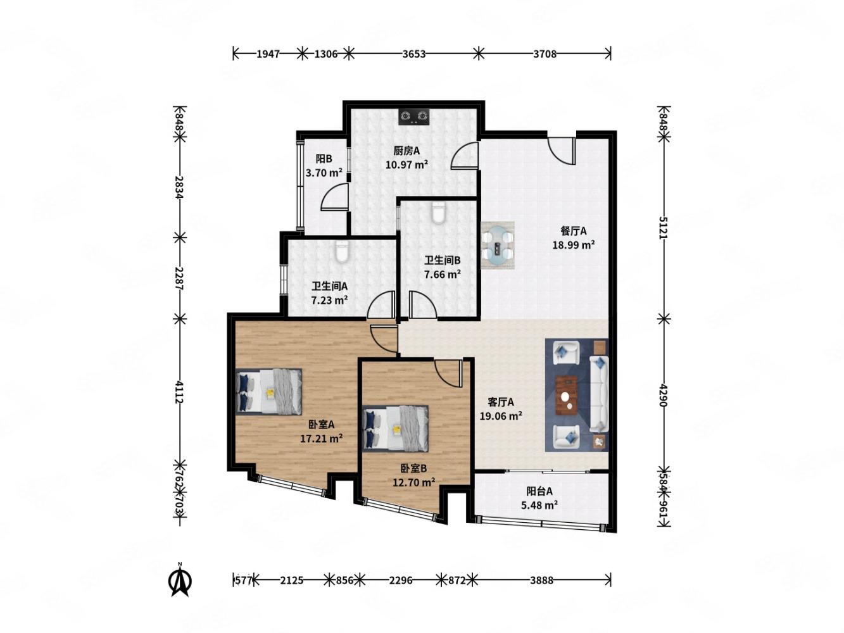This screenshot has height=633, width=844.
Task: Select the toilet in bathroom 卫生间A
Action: point(341,251)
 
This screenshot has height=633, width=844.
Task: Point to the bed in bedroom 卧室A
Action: point(268,392)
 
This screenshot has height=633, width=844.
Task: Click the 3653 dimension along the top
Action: point(413,54)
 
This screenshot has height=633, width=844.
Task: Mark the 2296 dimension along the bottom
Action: point(400,580)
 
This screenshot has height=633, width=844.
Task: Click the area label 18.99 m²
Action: point(574,245)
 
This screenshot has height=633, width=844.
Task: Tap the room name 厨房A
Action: point(406,151)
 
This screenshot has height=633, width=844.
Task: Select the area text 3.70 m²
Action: point(324,173)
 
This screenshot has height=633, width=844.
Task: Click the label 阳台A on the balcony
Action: point(539,491)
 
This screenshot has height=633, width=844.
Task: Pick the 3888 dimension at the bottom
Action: point(541,580)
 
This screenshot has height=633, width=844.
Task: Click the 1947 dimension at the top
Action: point(268,54)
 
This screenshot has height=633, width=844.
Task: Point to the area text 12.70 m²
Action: point(413,482)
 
